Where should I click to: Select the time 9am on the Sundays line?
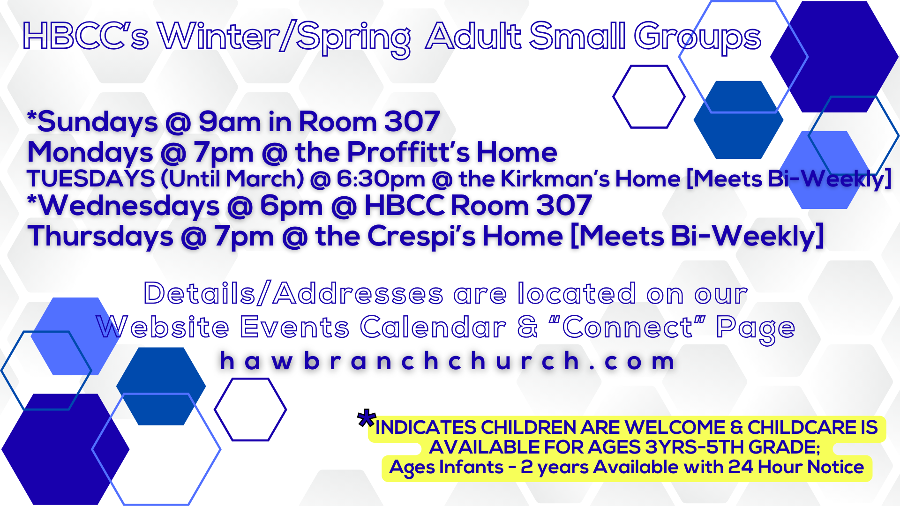[x=230, y=122]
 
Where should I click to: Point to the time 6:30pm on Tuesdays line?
[x=381, y=179]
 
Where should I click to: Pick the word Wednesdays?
[x=128, y=206]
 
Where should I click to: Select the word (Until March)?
[x=232, y=179]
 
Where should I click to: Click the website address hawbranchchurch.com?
[x=448, y=361]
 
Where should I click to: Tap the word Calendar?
[x=434, y=327]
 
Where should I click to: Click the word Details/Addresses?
[x=293, y=293]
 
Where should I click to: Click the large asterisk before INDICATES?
[x=366, y=418]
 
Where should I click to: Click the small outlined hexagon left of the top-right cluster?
[x=649, y=97]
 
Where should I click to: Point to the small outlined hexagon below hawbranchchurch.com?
[x=251, y=409]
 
